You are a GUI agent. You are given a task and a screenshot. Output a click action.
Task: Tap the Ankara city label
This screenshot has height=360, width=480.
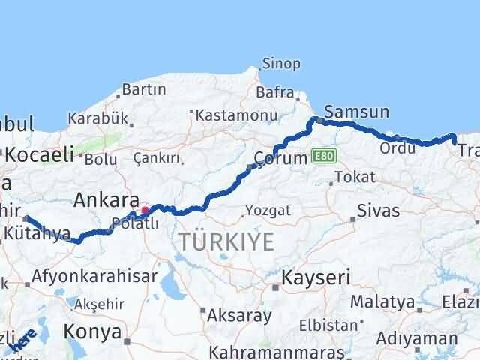[106, 201]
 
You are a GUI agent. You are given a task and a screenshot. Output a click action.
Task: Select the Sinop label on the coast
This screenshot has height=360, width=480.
[281, 64]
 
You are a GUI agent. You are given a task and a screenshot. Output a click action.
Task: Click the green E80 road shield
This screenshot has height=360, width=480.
[325, 156]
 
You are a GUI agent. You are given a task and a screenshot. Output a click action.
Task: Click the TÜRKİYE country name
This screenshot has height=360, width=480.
[226, 241]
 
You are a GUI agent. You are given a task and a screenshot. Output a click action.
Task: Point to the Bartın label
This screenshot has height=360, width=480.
[144, 89]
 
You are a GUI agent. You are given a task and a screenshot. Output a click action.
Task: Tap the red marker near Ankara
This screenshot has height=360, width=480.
[145, 210]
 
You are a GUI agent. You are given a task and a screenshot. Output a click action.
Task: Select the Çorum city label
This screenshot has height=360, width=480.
[281, 158]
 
